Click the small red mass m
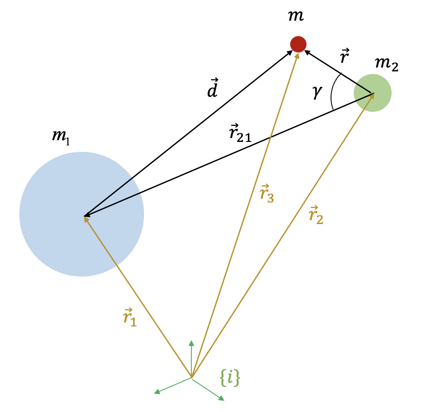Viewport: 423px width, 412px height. point(298,44)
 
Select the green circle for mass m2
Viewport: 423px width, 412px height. point(372,93)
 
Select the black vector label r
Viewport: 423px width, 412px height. point(344,57)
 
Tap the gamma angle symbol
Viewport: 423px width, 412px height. point(317,92)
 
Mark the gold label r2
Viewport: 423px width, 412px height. point(316,215)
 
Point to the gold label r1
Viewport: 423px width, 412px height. point(129,319)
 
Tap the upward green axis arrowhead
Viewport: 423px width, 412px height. point(192,343)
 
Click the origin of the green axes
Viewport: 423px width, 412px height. point(191,378)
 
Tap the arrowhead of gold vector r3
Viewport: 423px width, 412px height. point(297,55)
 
